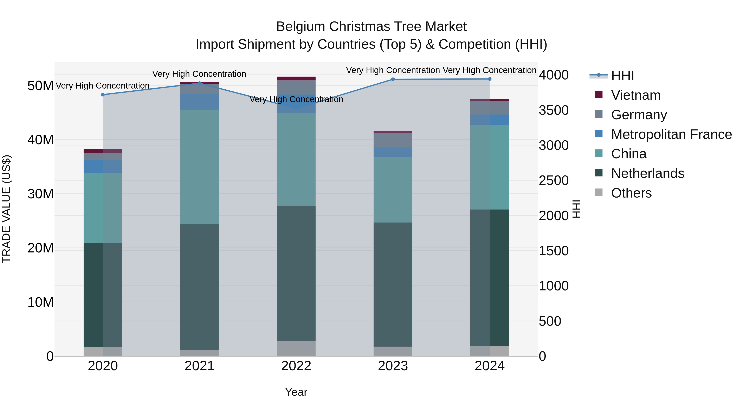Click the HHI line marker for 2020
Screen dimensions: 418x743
(103, 95)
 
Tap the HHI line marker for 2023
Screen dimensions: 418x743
(393, 79)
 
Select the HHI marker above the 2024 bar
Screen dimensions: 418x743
(490, 79)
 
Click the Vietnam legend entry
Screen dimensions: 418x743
(635, 95)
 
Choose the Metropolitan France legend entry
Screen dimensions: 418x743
(671, 134)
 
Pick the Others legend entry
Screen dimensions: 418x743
(631, 193)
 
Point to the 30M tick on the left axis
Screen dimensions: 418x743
(40, 194)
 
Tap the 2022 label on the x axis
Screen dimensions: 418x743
(296, 366)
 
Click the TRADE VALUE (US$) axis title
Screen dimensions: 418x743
(6, 209)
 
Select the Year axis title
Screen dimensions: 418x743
(296, 392)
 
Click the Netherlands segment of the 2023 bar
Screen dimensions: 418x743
(393, 284)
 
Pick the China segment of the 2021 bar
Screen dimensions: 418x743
(199, 167)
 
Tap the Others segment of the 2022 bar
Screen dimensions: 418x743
(296, 348)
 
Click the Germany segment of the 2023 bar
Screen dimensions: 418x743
(393, 140)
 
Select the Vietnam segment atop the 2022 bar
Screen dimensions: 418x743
(296, 78)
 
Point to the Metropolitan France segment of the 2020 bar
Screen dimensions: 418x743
(103, 167)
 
